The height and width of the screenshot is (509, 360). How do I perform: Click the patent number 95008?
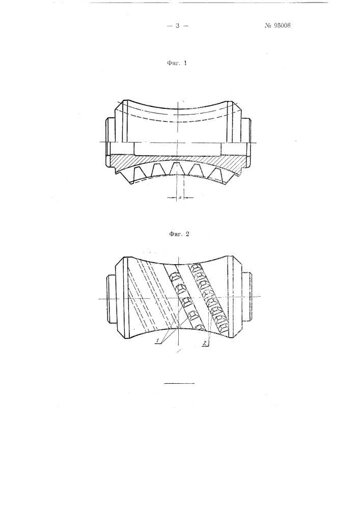(282, 25)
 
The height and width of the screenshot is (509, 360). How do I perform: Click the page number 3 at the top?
(178, 25)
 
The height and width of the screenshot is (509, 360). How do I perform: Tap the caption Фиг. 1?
(177, 63)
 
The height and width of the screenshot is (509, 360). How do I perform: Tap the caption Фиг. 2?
(179, 234)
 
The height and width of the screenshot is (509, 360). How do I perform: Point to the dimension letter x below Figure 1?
(180, 197)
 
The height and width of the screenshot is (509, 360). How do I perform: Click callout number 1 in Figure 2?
(158, 340)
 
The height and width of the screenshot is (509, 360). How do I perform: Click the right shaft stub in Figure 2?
(247, 297)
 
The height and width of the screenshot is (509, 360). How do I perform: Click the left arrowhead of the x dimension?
(174, 197)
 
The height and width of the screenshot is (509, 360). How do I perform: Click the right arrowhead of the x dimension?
(186, 197)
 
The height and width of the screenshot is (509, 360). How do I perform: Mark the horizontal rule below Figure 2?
(180, 383)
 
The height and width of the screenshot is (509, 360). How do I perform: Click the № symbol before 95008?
(268, 25)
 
